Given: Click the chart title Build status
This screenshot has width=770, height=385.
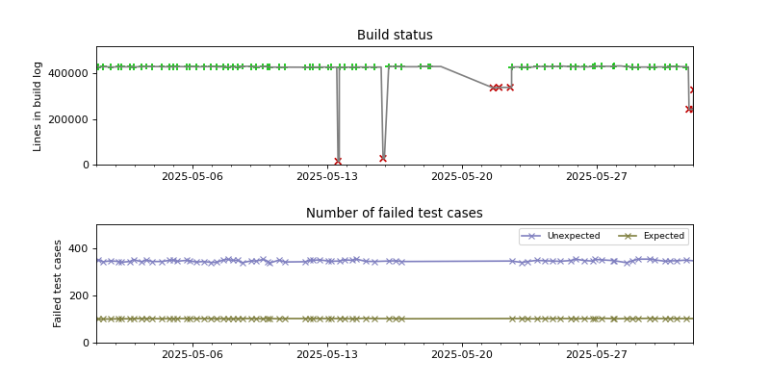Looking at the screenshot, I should tap(395, 36).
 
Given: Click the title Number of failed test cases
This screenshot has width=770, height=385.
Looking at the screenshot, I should tap(395, 214).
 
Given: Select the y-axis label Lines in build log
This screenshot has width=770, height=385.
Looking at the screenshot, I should tap(38, 106).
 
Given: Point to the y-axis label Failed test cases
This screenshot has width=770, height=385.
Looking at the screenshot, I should tap(58, 283).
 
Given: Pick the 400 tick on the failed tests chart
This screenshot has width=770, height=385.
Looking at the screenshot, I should tap(79, 248).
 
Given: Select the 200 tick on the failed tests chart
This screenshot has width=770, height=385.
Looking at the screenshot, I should tap(79, 295).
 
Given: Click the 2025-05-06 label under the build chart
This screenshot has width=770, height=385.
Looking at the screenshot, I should tap(192, 177).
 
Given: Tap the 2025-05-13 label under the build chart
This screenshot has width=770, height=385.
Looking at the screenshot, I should tap(327, 177).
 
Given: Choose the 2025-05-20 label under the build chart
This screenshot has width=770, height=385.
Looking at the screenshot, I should tap(462, 177).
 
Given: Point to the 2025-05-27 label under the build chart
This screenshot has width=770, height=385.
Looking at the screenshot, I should tap(597, 177).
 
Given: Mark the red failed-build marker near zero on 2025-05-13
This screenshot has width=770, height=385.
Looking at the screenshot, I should tap(338, 161).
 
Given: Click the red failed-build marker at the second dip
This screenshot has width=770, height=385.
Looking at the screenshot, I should tap(383, 158).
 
